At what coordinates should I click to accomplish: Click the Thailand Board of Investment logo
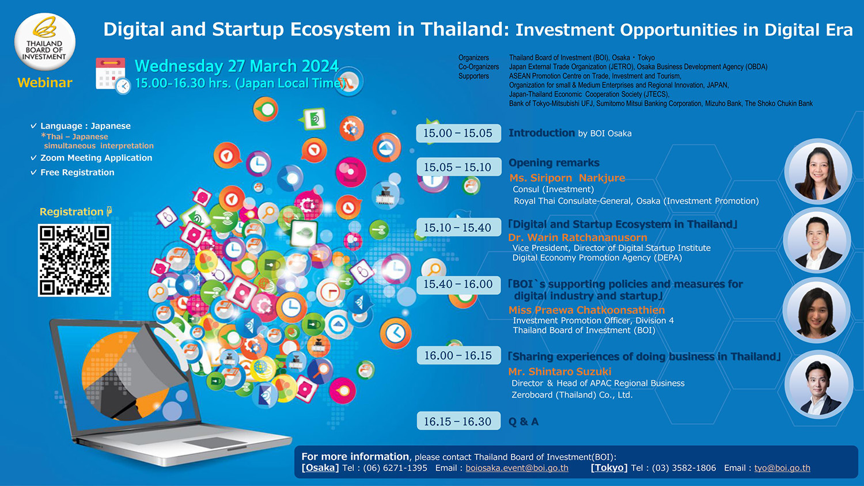point(45,41)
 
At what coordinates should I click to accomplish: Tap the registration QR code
point(74,260)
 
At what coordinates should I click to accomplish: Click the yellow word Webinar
point(45,82)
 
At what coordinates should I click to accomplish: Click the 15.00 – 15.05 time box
point(458,133)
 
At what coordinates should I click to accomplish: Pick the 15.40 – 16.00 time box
point(458,284)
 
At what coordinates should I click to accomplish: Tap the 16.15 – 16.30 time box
point(458,421)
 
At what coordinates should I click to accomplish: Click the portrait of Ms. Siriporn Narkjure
point(818,172)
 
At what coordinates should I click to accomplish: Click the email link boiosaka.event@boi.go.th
point(517,468)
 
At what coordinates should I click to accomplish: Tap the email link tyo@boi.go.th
point(782,468)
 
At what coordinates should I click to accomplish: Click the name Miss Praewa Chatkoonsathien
point(587,310)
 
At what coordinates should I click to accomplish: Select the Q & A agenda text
point(524,421)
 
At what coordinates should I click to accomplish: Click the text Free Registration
point(77,172)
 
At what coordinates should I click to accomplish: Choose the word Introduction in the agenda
point(541,133)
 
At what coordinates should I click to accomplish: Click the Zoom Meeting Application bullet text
point(96,158)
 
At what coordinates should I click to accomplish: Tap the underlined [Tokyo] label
point(609,468)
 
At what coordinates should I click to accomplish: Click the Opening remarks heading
point(554,163)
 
